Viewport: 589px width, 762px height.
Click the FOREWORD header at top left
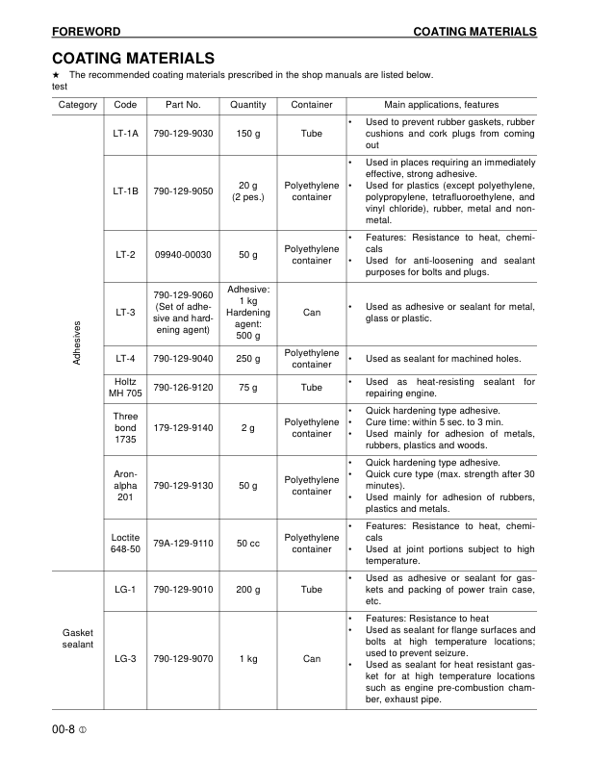[86, 32]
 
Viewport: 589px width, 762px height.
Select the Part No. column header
[183, 104]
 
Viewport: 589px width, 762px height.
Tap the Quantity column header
[249, 104]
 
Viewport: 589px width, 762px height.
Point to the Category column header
[77, 104]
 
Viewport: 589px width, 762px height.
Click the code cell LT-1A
[125, 133]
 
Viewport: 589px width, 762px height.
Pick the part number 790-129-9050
[183, 190]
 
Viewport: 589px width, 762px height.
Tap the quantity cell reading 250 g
[249, 359]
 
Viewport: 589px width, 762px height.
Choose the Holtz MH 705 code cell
[125, 387]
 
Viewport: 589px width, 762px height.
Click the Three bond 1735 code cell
[125, 427]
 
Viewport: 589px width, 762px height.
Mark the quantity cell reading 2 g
[249, 427]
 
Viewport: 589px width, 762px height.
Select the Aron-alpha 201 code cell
[125, 485]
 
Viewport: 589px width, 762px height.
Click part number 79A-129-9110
[183, 543]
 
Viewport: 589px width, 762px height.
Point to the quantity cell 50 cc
[249, 543]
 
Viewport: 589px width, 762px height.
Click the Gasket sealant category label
[77, 638]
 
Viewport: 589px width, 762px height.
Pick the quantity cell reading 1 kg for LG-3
[249, 659]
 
